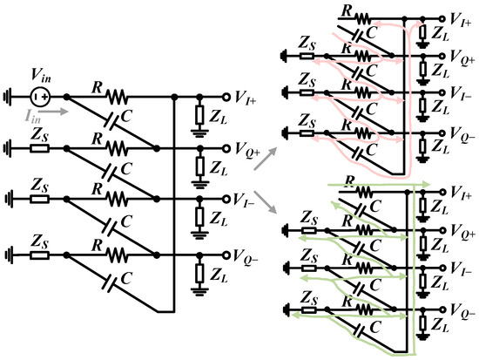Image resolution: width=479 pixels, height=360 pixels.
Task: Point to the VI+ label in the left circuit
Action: point(252,98)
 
